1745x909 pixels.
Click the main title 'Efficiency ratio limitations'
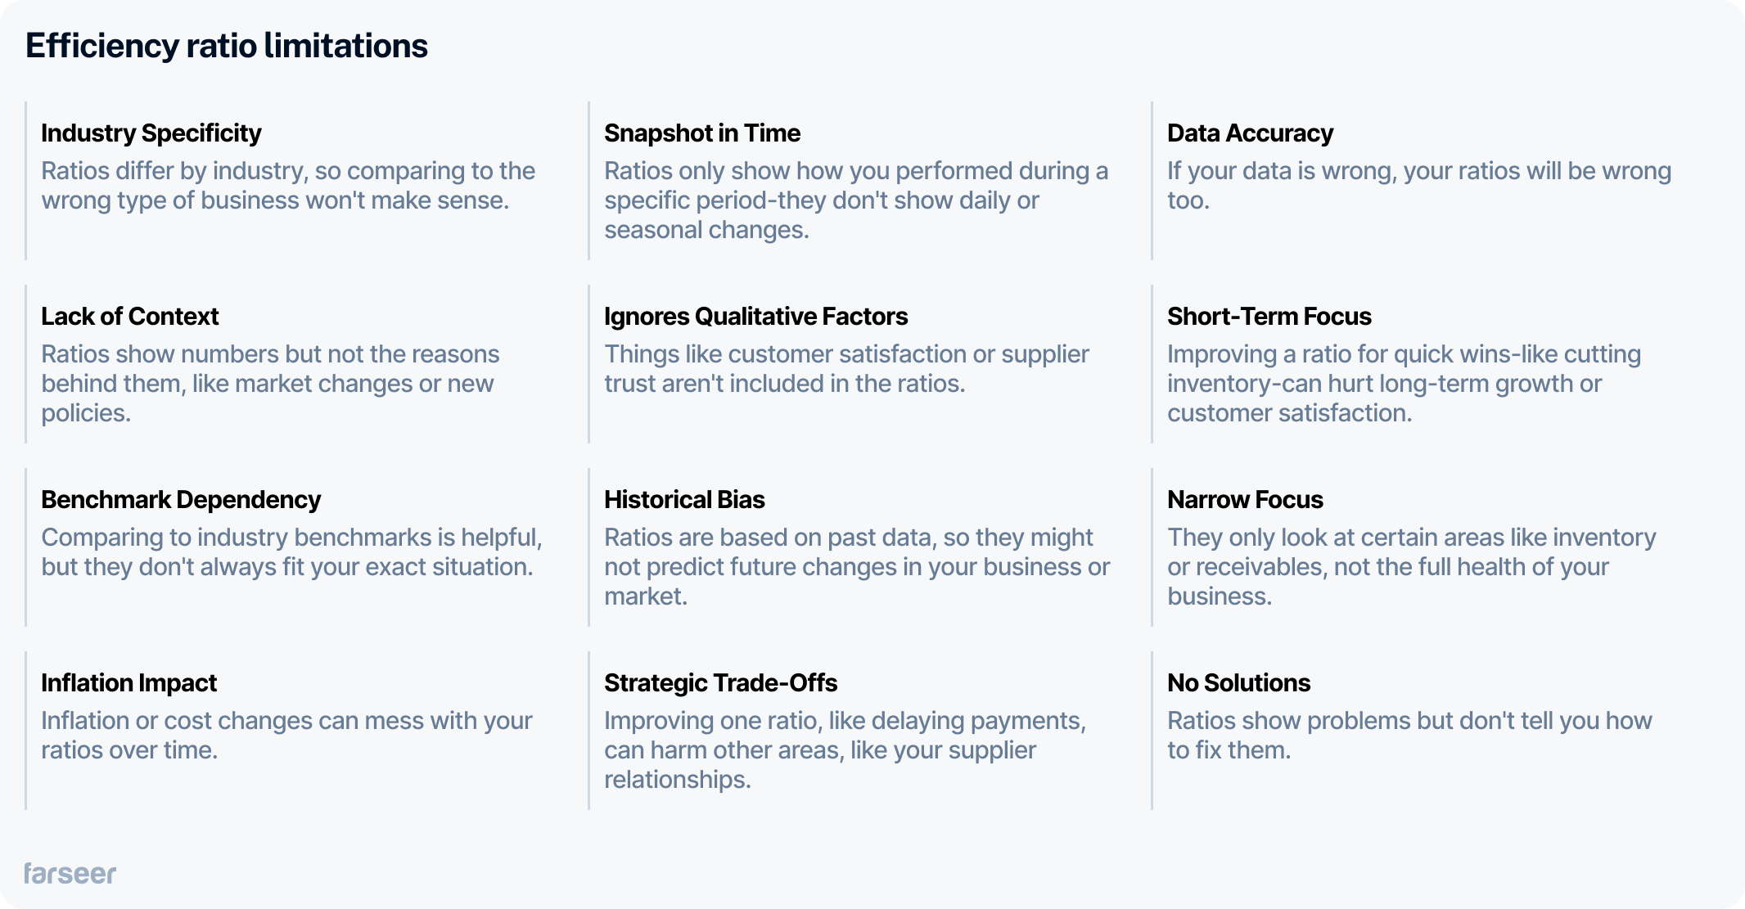(x=227, y=46)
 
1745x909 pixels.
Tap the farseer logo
(x=70, y=873)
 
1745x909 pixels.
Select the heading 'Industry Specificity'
(x=151, y=133)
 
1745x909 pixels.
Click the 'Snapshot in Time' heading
(x=702, y=133)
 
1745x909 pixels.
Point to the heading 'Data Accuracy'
(x=1250, y=133)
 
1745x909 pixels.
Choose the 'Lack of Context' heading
(x=130, y=316)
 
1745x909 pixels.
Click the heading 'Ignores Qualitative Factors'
(x=755, y=316)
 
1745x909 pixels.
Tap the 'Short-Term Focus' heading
(x=1269, y=316)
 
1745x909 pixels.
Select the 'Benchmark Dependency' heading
(x=181, y=499)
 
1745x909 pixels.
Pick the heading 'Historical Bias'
(x=684, y=499)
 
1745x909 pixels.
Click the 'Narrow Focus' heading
(x=1245, y=499)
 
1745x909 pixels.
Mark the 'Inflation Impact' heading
(x=129, y=682)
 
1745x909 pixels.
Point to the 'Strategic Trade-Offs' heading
(x=720, y=682)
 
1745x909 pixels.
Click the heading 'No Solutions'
(x=1238, y=682)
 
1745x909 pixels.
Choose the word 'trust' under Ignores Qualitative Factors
(x=630, y=384)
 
